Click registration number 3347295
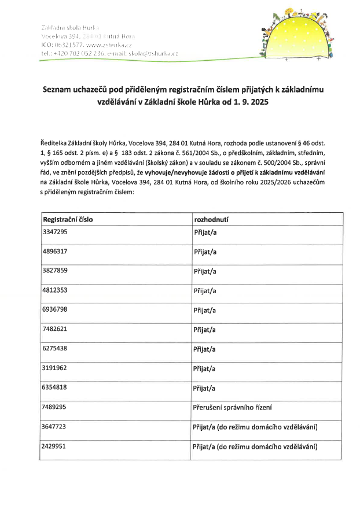point(55,231)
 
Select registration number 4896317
point(55,250)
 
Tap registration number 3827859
point(55,270)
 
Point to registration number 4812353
point(55,290)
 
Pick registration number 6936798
point(55,309)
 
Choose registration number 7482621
point(55,329)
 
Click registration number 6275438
point(55,349)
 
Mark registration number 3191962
point(55,368)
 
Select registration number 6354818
point(55,387)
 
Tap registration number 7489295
point(55,407)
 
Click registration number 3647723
point(55,427)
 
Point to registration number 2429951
point(55,446)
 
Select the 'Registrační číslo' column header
point(68,220)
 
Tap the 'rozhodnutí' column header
point(211,220)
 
